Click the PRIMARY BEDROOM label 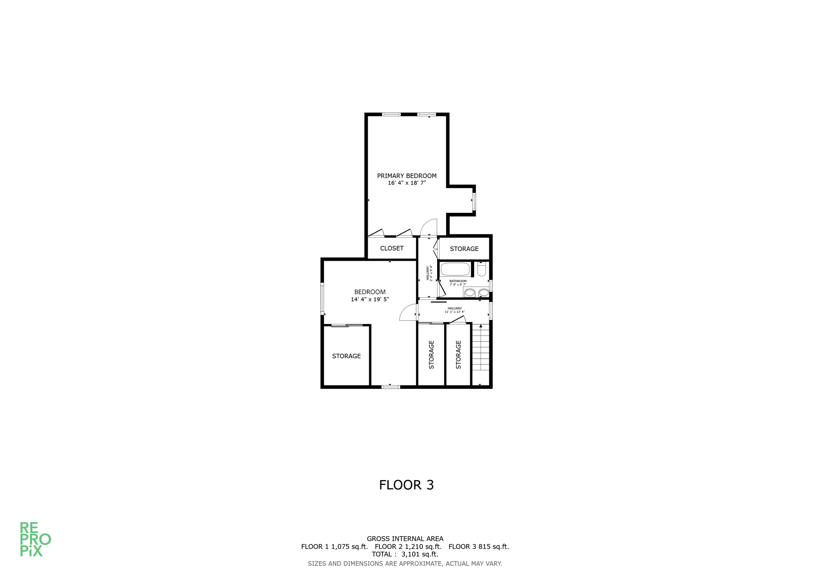click(406, 176)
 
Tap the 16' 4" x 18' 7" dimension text click(406, 183)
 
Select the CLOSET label click(391, 248)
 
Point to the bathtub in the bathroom click(455, 269)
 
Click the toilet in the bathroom click(482, 270)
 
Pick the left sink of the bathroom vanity click(470, 293)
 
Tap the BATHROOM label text click(458, 281)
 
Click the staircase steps click(480, 349)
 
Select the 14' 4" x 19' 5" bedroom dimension click(370, 299)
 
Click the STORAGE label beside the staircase click(459, 355)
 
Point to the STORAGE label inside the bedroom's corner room click(346, 356)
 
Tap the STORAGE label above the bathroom click(464, 249)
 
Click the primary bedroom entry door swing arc click(429, 227)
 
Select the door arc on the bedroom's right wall click(408, 313)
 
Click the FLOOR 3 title click(406, 485)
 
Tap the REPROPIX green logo click(35, 539)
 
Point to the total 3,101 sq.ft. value click(420, 554)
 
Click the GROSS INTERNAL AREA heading click(405, 539)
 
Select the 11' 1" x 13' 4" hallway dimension click(455, 312)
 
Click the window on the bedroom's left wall click(322, 299)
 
